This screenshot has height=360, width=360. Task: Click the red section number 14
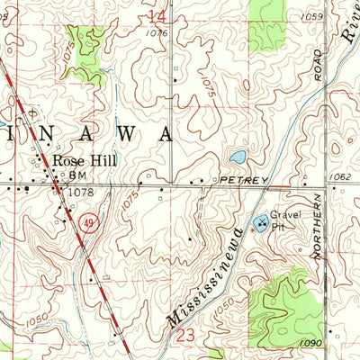click(x=157, y=17)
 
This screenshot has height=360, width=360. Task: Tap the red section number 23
click(x=185, y=335)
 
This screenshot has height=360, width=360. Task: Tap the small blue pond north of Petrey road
click(x=238, y=157)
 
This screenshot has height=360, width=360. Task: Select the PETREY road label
click(x=241, y=182)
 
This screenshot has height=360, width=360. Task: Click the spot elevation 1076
click(x=157, y=33)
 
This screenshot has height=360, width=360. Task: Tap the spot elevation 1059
click(x=312, y=17)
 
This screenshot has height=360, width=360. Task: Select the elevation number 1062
click(x=341, y=178)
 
